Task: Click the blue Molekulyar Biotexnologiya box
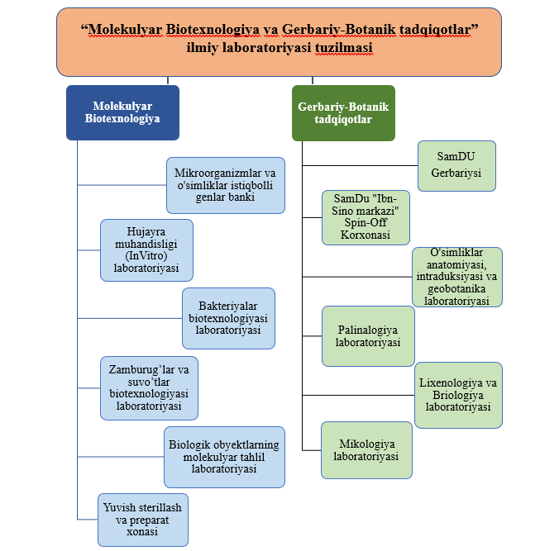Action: point(122,112)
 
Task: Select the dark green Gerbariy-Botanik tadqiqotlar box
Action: point(343,113)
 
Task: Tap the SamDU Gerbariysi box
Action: point(456,166)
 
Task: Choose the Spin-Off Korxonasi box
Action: point(366,217)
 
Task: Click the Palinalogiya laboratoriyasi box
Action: point(368,336)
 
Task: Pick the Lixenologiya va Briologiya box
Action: point(458,395)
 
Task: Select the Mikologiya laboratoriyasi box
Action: point(366,450)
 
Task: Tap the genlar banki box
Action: point(226,185)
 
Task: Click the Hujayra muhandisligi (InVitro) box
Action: point(146,250)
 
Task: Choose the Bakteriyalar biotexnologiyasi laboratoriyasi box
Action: point(229,318)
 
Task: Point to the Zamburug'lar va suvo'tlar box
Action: point(149,388)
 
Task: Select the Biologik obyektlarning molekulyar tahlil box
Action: point(224,457)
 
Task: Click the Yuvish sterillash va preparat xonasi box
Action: point(143,520)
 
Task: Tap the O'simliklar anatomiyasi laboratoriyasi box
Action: point(457,277)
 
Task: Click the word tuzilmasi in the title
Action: point(343,47)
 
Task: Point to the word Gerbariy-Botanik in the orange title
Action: point(339,30)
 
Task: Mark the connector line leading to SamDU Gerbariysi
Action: point(361,165)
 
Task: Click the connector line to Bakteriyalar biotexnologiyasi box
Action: point(130,318)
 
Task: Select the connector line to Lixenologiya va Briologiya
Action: point(358,395)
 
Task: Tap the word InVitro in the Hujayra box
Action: point(146,256)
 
